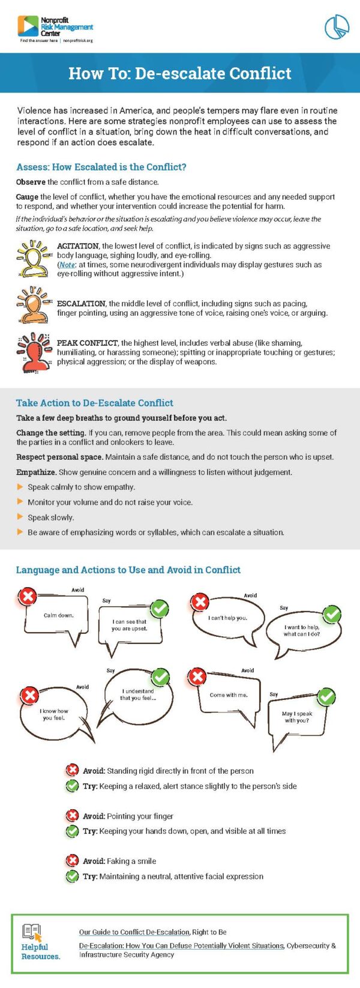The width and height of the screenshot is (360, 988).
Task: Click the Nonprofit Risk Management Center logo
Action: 55,28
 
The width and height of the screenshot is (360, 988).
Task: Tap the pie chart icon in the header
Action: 337,27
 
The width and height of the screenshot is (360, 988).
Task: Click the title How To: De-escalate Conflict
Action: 179,73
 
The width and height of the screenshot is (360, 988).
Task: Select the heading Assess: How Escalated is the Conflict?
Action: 101,167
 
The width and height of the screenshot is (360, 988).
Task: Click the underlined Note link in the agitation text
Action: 67,265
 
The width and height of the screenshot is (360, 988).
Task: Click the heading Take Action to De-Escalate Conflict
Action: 94,403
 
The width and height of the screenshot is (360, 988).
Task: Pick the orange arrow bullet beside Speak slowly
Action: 20,517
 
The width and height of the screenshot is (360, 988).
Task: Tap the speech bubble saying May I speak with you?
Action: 297,718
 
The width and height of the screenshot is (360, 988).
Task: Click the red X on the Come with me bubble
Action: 197,677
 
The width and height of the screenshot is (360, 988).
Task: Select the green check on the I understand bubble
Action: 160,677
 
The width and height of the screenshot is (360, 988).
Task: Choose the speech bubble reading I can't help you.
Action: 227,619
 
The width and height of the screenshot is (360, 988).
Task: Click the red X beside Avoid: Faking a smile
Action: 72,861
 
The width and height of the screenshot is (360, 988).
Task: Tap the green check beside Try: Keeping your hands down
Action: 72,831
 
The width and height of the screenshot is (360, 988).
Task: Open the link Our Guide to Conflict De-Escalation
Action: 134,932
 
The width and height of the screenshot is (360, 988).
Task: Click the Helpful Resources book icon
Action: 32,932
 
